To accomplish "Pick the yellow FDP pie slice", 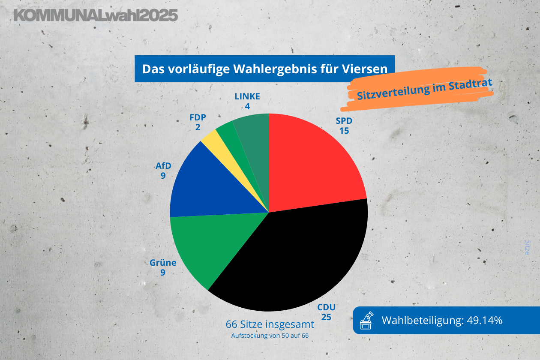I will coord(211,139).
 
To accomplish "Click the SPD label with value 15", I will coord(344,126).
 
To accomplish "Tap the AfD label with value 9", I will coord(163,170).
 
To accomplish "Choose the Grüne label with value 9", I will coord(163,267).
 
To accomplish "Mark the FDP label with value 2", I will coord(198,122).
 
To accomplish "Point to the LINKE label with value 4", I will coord(247,101).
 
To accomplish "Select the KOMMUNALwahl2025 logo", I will coord(96,15).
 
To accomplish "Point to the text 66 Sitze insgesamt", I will coord(270,324).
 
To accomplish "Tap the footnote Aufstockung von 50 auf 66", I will coord(270,336).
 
